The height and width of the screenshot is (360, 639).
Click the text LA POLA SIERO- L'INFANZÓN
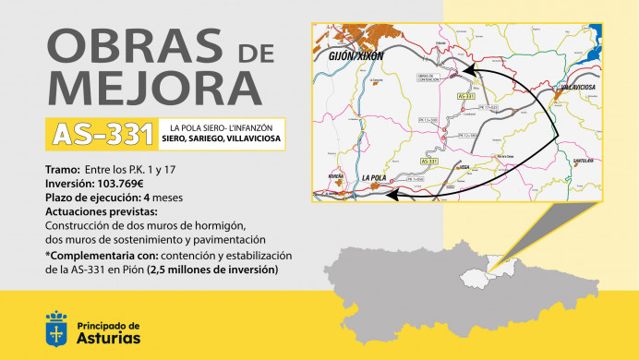[217, 126]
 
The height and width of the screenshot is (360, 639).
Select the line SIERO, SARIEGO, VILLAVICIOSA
[219, 140]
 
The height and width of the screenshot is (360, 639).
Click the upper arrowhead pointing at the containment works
[465, 69]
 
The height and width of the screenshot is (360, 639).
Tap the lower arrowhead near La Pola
[391, 195]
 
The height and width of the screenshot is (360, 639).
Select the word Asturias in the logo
[109, 338]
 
